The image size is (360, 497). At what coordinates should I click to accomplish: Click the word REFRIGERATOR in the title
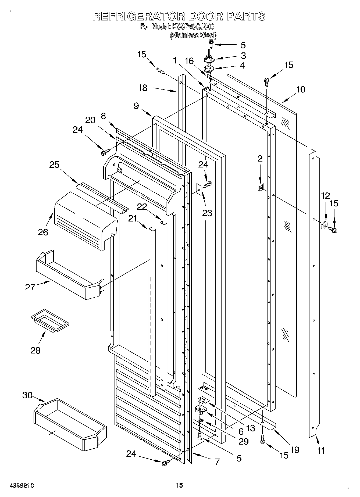[139, 16]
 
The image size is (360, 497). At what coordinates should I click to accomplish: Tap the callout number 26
[43, 232]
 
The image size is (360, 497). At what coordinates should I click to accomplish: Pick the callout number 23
[207, 213]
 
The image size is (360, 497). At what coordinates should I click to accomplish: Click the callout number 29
[244, 441]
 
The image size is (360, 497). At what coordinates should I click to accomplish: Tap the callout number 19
[295, 450]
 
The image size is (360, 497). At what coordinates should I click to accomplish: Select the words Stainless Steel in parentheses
[193, 35]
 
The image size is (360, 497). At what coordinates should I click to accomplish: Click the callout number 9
[136, 106]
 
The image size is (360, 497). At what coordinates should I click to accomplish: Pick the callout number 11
[321, 450]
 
